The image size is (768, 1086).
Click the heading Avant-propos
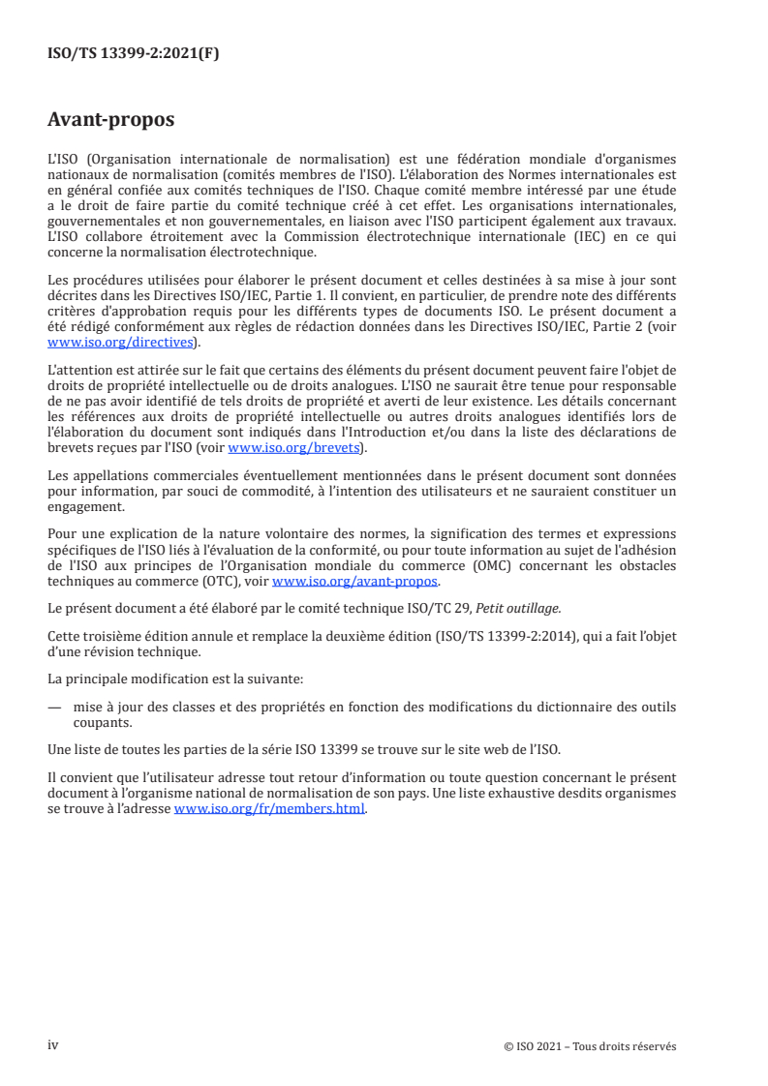tap(110, 121)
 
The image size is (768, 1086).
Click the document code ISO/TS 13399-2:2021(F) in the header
tap(133, 54)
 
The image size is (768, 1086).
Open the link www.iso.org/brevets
tap(292, 447)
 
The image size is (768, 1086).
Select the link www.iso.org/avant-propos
tap(355, 581)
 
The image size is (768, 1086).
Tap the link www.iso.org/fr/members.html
tap(269, 809)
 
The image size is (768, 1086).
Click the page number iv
tap(53, 1045)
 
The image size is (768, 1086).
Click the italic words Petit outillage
tap(519, 607)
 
